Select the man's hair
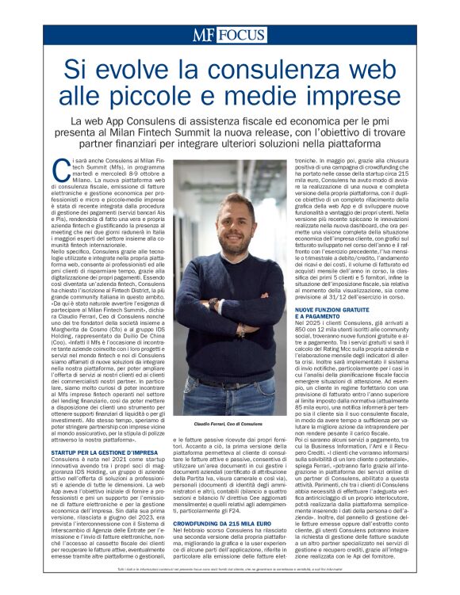point(231,184)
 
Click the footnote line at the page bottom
point(229,587)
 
